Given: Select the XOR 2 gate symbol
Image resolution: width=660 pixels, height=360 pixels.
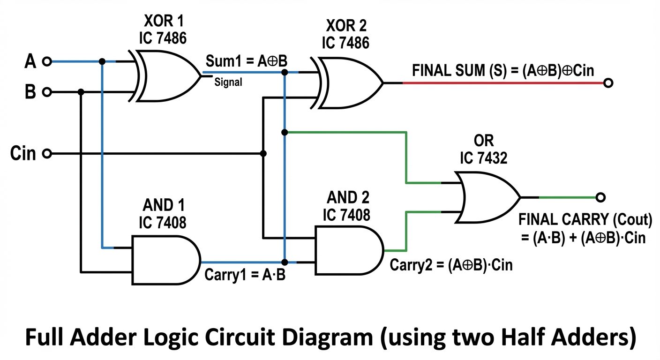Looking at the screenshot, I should pos(349,83).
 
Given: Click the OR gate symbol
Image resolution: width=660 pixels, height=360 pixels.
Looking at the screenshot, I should pos(487,197).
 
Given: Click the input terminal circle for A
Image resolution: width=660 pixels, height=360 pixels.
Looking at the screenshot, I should pos(46,61).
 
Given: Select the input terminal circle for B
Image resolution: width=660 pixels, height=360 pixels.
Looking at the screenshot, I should pos(46,92).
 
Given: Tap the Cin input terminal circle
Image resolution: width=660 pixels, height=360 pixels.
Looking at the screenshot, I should pos(46,153).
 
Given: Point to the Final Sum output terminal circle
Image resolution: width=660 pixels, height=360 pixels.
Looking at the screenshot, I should pos(608,83).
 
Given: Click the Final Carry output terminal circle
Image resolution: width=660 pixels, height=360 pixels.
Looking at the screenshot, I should pos(600,197).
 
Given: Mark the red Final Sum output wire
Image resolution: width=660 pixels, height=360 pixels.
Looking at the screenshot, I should pos(502,83).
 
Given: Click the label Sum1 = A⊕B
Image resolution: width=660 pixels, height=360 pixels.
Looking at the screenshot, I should pos(246,61).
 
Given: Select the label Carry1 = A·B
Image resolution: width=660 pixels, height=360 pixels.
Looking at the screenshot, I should pos(245,275).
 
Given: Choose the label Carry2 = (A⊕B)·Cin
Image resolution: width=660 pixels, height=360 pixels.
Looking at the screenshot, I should pos(451,265).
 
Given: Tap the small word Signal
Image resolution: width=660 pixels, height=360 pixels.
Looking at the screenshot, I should pos(228,83).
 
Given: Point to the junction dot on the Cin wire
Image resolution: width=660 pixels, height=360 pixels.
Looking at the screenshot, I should pos(263,153).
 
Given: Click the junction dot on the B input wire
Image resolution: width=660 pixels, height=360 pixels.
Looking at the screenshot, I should pos(81,92).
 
